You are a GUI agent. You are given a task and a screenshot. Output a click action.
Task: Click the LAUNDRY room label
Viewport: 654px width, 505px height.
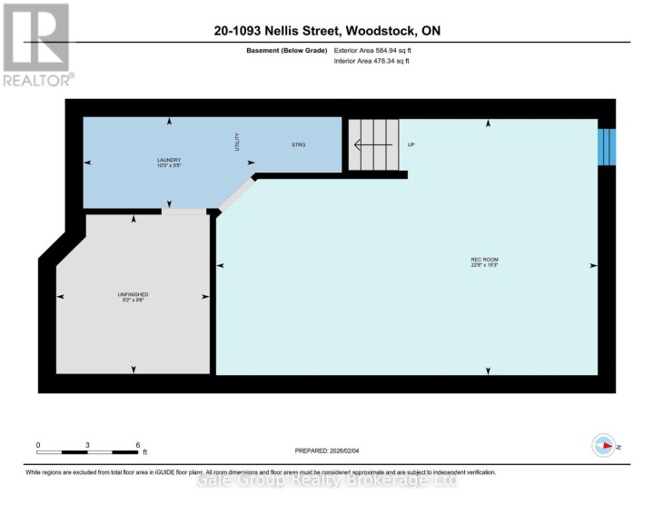click(x=169, y=159)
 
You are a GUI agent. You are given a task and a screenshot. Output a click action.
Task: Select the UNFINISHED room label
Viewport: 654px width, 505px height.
click(x=133, y=294)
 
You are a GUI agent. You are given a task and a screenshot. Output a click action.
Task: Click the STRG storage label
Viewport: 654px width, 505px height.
click(x=299, y=144)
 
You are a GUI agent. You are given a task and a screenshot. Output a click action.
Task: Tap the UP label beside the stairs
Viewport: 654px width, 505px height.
click(x=411, y=144)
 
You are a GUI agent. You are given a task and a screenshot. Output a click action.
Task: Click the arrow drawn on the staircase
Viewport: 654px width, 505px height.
click(x=372, y=144)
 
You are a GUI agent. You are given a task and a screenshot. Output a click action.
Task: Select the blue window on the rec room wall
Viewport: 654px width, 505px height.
click(x=607, y=145)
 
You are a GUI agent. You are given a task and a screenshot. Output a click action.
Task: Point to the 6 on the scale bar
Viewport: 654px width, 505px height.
click(x=138, y=444)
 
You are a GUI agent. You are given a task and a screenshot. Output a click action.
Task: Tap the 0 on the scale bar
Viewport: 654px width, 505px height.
click(x=38, y=444)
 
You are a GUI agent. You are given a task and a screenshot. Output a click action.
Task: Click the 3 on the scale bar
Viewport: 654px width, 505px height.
click(x=88, y=444)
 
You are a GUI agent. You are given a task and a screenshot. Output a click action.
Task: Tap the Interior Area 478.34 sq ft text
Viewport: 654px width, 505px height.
click(x=372, y=61)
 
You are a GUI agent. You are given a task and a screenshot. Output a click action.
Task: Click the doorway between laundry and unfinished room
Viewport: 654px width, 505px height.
click(x=184, y=212)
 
